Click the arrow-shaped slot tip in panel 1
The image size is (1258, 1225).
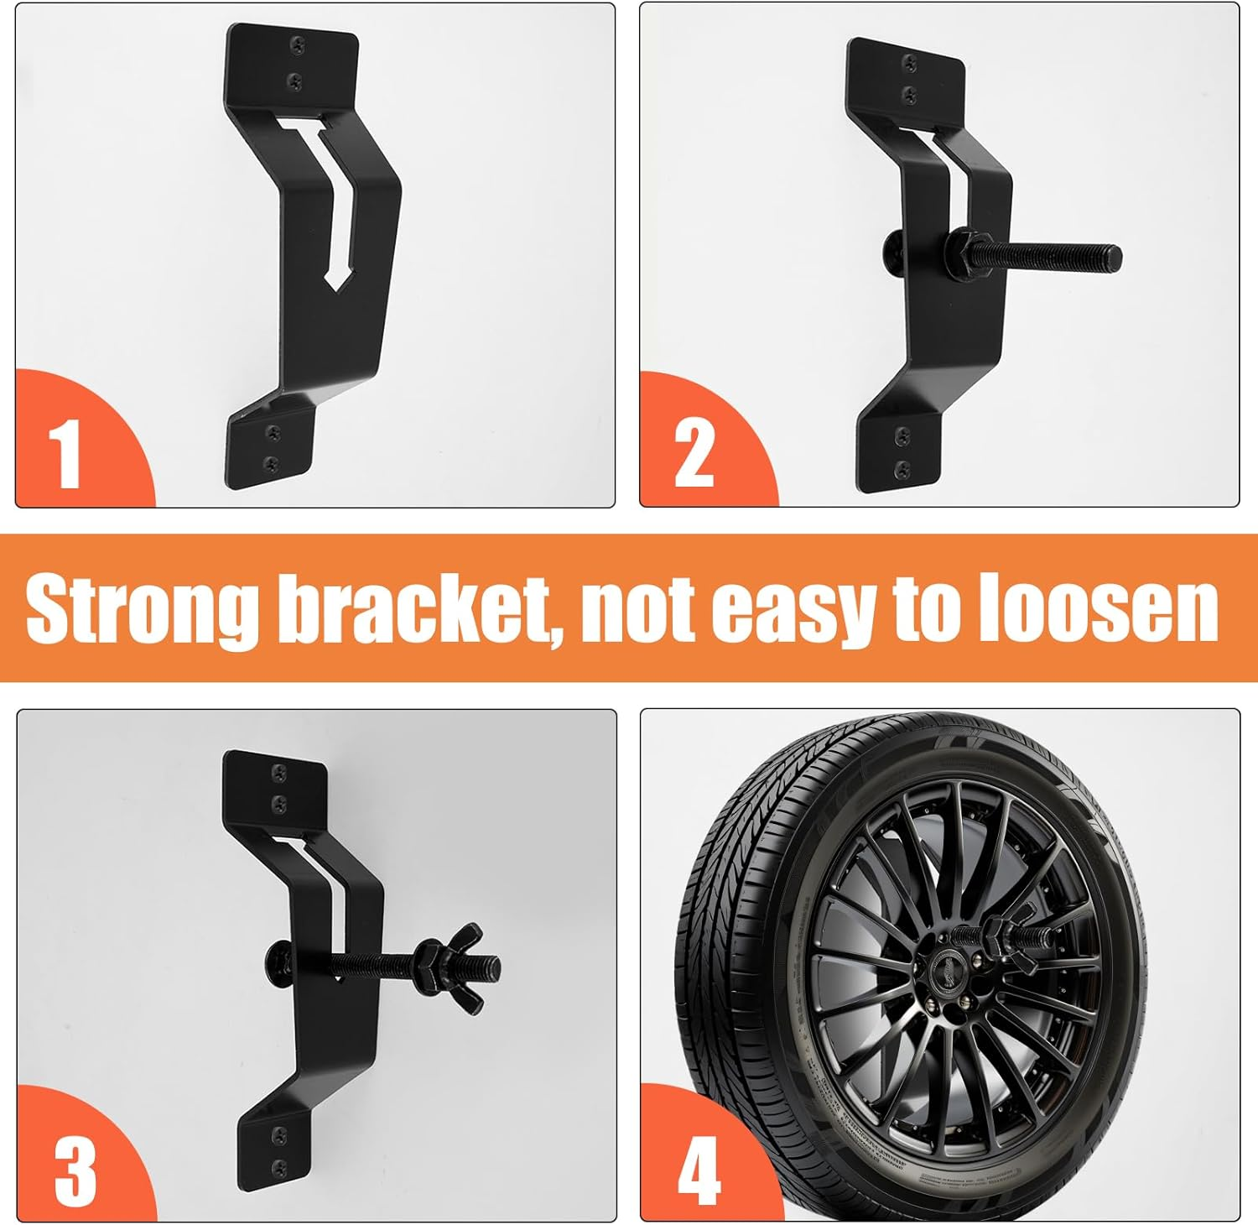point(336,279)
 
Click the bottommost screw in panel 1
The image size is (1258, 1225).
point(270,463)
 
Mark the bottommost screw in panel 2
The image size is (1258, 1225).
point(902,468)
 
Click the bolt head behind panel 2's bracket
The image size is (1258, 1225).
point(893,249)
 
